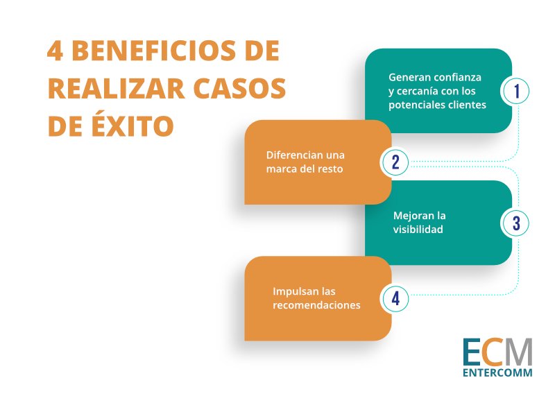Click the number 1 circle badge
(x=516, y=91)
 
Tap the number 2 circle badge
(x=395, y=162)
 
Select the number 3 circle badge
(x=516, y=223)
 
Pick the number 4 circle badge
(x=395, y=298)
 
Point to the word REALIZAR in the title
(x=117, y=89)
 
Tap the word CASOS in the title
(x=239, y=89)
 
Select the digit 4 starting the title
(x=55, y=51)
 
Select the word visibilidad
(x=418, y=230)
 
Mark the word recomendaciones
(x=316, y=305)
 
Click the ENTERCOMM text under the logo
(x=497, y=372)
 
